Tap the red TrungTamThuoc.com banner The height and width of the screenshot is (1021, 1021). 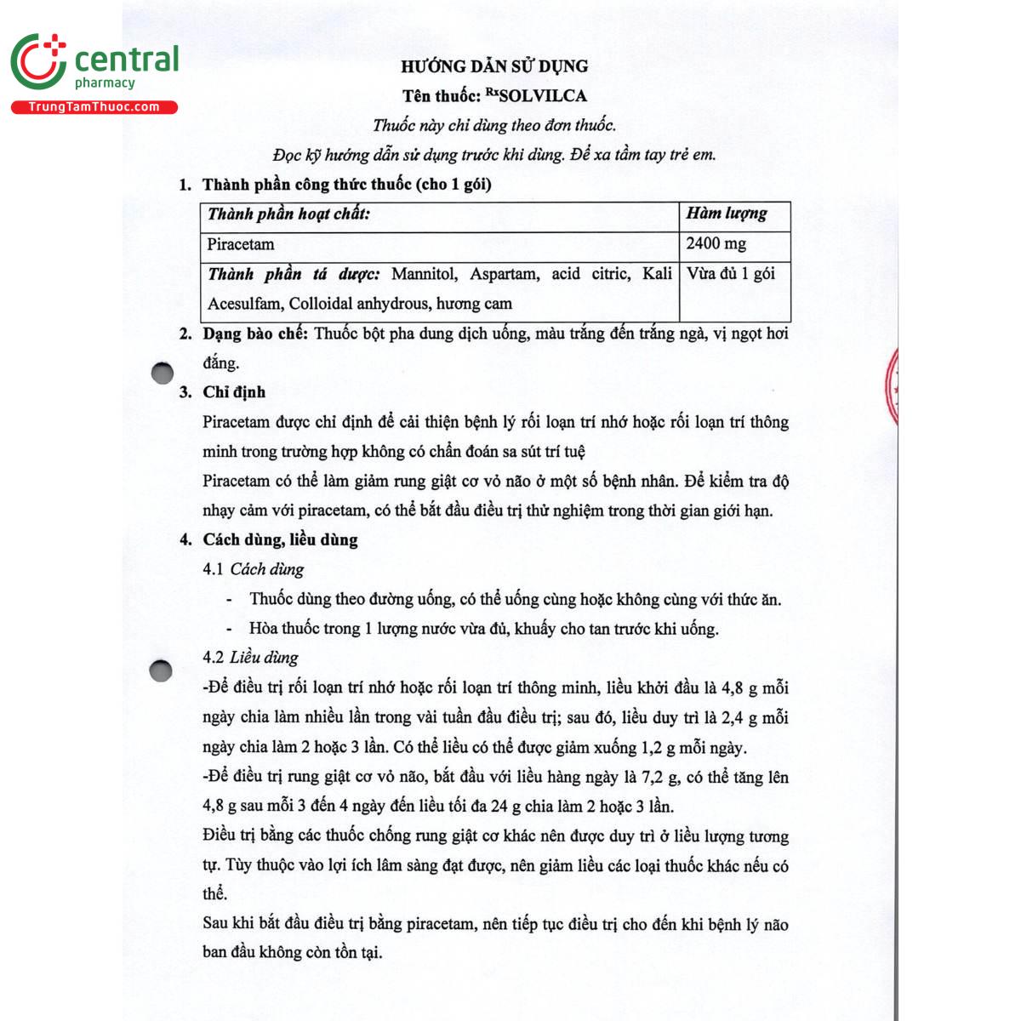(94, 107)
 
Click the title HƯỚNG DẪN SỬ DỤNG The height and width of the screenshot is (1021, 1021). (494, 66)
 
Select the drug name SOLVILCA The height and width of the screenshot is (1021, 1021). (544, 96)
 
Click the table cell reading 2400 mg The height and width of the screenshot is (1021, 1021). (716, 244)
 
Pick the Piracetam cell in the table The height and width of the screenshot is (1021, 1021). (241, 245)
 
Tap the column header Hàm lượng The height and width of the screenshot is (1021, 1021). (727, 214)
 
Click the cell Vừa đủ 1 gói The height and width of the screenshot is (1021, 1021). (731, 274)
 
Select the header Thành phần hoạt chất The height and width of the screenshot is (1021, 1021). (288, 214)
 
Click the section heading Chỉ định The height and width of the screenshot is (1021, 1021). (234, 392)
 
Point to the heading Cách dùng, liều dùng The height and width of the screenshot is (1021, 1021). (280, 539)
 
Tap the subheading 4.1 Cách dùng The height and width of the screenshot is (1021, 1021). (253, 569)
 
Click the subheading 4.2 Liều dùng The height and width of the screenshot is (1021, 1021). (250, 658)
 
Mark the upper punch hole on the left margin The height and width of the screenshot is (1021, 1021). (162, 373)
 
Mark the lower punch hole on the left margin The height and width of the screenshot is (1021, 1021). (161, 671)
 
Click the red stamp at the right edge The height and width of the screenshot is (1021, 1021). (892, 387)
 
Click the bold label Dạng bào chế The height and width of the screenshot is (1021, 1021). (254, 334)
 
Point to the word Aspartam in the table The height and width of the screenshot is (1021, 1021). (504, 274)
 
